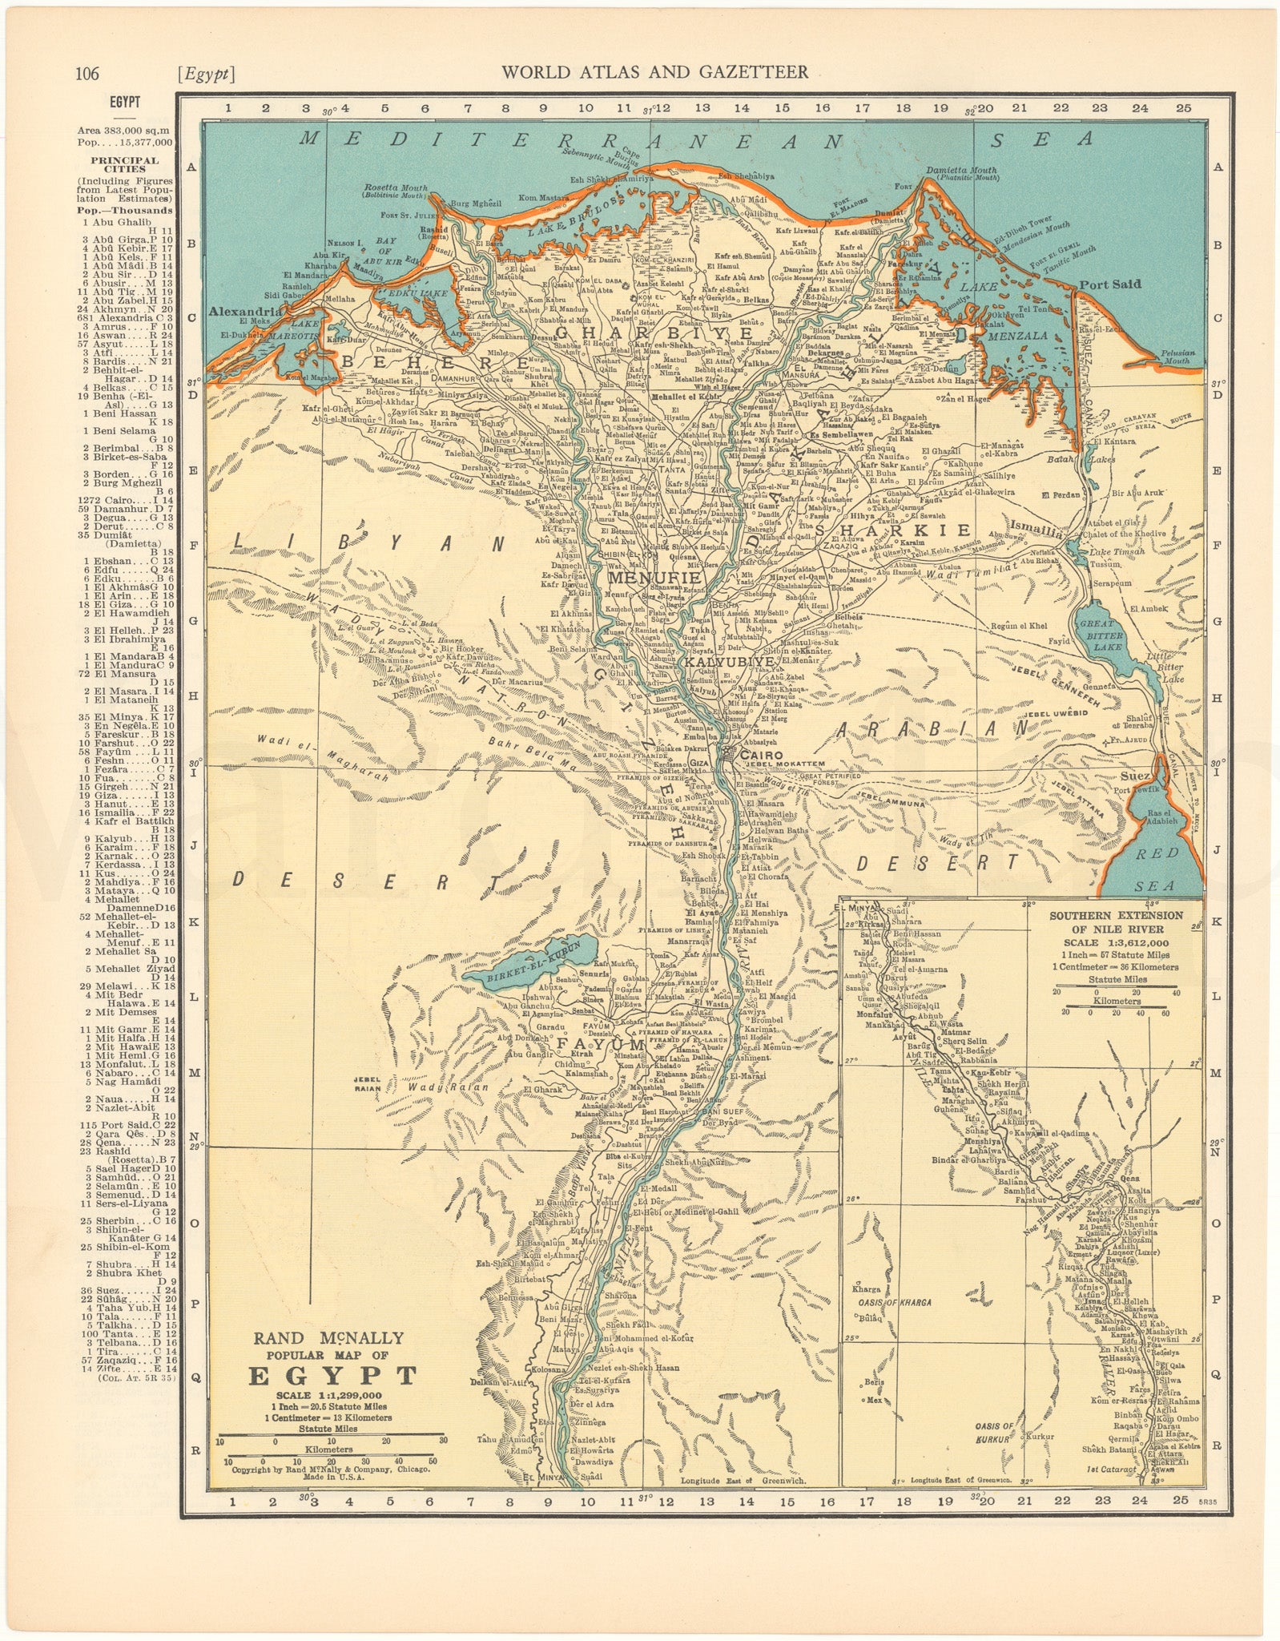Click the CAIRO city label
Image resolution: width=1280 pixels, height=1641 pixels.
click(762, 755)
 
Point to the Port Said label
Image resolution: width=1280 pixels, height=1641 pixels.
click(1109, 284)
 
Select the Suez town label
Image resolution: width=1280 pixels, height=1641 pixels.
click(1137, 776)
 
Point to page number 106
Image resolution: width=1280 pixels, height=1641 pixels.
click(87, 74)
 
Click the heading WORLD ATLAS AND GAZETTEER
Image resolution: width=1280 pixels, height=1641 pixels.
click(654, 73)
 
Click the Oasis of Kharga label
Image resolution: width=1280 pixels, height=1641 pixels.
click(894, 1302)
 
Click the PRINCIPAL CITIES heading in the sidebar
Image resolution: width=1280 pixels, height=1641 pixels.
click(124, 164)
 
